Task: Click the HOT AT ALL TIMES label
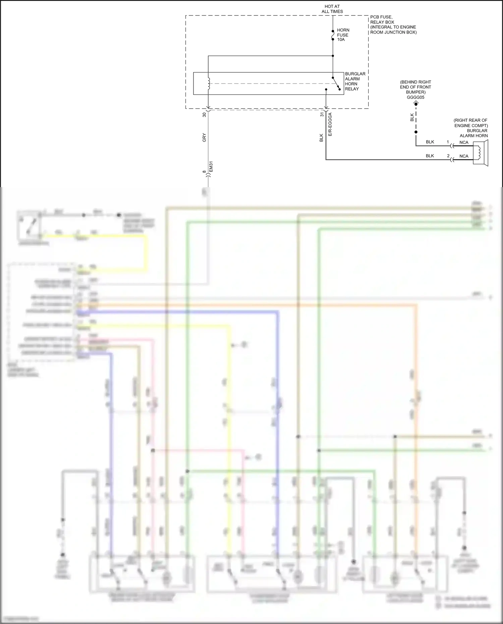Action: click(332, 9)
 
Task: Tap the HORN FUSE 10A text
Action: click(343, 35)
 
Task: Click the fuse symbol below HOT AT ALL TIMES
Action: click(333, 35)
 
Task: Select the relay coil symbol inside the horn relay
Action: click(208, 84)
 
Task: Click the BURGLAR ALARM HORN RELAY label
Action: click(355, 81)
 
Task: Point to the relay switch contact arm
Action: click(336, 83)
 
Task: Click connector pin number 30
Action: click(204, 115)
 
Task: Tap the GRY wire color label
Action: click(204, 137)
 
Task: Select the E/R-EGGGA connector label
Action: click(330, 124)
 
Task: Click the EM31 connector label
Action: click(211, 167)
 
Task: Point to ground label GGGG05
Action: click(415, 98)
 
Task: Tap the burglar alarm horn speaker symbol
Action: click(481, 153)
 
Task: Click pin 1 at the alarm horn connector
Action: click(448, 142)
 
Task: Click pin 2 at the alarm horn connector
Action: click(448, 156)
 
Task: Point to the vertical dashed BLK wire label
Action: click(412, 117)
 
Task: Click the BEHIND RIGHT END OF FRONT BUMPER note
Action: click(415, 87)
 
